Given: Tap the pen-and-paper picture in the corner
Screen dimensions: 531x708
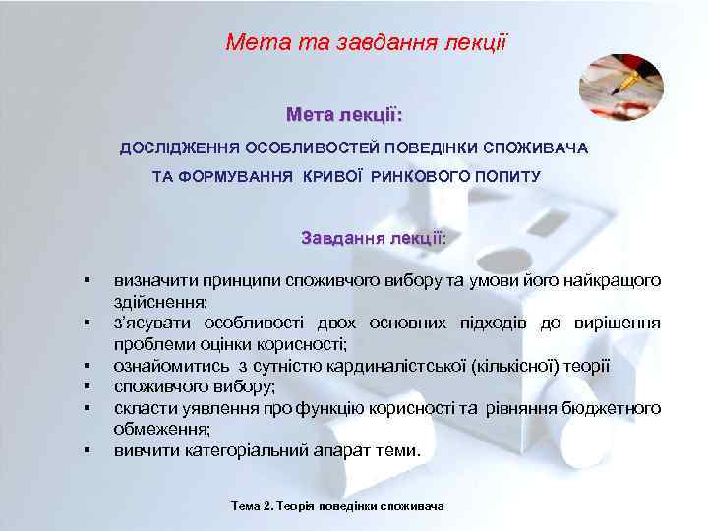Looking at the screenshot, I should (x=620, y=88).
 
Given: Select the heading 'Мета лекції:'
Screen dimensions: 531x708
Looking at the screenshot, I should (x=344, y=115).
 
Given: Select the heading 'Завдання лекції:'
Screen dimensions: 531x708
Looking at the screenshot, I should (x=374, y=238).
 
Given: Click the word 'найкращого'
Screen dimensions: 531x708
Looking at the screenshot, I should (x=616, y=280).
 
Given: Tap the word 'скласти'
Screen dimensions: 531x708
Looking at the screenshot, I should (x=142, y=408).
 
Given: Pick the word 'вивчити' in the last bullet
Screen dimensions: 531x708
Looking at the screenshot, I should (x=144, y=451).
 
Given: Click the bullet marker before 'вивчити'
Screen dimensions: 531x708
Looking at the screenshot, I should (x=88, y=451).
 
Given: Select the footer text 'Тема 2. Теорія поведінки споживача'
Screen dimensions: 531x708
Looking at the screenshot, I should (x=337, y=506).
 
